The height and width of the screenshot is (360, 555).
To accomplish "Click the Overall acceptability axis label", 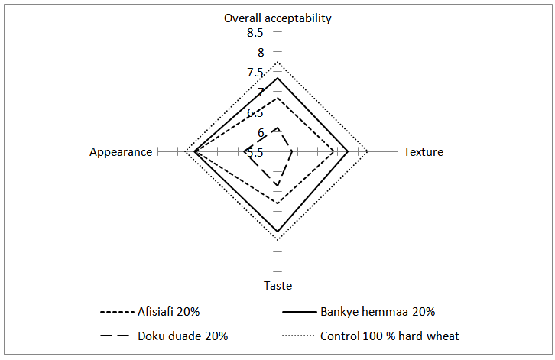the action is [x=277, y=18].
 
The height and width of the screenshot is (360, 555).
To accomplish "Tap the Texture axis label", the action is [x=424, y=152].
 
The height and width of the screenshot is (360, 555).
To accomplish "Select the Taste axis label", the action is [x=277, y=286].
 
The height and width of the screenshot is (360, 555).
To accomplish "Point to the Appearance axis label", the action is [x=121, y=152].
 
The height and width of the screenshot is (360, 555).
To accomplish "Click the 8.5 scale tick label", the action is [x=255, y=33].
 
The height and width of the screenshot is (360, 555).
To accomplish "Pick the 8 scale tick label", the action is [x=261, y=53].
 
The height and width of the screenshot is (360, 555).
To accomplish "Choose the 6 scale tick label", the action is [x=261, y=133].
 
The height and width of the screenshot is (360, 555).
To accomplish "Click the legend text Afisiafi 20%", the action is [x=168, y=312].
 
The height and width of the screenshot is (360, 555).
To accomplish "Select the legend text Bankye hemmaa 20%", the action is [x=378, y=312].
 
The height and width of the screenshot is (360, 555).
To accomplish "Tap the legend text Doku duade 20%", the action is [x=183, y=336].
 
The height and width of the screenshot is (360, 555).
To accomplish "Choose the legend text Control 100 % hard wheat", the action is [x=389, y=336].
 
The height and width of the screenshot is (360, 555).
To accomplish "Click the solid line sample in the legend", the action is [x=299, y=312].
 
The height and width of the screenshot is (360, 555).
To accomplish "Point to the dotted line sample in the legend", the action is [x=298, y=336].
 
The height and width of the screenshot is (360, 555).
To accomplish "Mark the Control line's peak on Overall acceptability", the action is [x=277, y=63].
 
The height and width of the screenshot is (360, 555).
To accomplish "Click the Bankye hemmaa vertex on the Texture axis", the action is [x=349, y=152].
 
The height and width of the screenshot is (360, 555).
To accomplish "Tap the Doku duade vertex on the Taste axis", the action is [x=277, y=185].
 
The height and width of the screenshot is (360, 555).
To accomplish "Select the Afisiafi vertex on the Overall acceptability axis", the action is [x=277, y=98].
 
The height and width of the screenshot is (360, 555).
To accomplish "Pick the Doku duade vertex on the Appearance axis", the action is [x=244, y=152].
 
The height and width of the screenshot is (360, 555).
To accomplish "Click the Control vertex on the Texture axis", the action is [x=368, y=152].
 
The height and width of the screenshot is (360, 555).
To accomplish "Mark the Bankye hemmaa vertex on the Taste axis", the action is [x=277, y=232].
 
